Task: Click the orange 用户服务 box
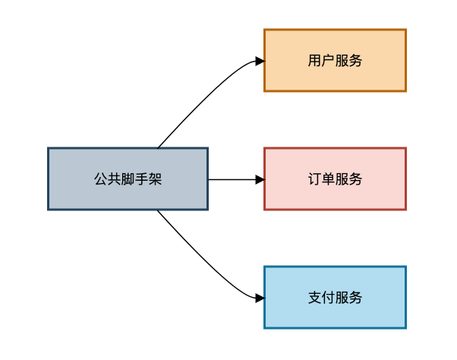coord(336,60)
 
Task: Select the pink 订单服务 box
coord(336,178)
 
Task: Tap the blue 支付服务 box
coord(336,297)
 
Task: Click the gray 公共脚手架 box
coord(128,178)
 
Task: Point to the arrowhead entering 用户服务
coord(260,61)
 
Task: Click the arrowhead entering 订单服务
coord(260,179)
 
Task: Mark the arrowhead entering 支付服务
coord(260,298)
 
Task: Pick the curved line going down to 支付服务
coord(204,261)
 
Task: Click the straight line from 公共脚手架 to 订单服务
coord(232,179)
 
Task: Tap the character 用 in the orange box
coord(315,61)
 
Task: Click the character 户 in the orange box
coord(328,61)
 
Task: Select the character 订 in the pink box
coord(315,179)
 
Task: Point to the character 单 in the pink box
coord(328,179)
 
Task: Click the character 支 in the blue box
coord(315,298)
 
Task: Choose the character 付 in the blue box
coord(328,298)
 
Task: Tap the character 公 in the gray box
coord(100,179)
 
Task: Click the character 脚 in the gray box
coord(128,179)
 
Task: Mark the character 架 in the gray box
coord(155,179)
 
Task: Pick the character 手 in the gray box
coord(142,179)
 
